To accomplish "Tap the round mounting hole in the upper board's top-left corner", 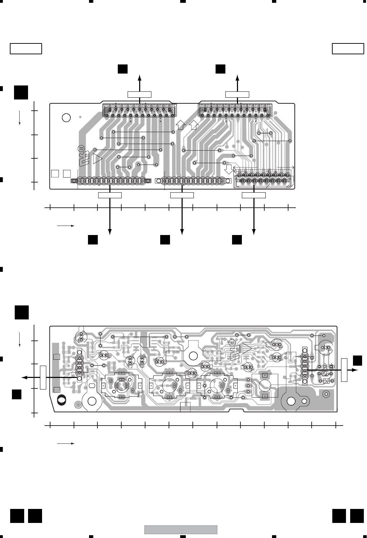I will point(66,117).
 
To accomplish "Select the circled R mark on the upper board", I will point(81,148).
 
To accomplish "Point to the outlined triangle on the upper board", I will point(98,159).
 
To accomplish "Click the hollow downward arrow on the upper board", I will point(229,170).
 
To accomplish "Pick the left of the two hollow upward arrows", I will point(181,124).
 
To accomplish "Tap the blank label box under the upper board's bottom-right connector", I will point(254,195).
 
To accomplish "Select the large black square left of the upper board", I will point(21,92).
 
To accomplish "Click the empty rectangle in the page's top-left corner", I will point(26,49).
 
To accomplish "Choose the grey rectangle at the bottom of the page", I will point(181,530).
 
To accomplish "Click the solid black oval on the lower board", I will point(62,399).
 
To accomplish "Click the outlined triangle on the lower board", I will point(247,348).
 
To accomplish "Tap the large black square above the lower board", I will point(21,312).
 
